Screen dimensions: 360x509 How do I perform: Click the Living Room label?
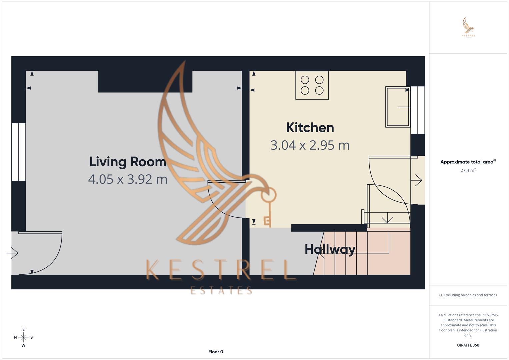click(128, 162)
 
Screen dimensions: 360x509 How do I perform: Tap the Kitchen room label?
click(310, 128)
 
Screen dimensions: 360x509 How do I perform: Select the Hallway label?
click(330, 249)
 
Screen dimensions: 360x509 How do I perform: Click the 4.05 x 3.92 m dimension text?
click(128, 179)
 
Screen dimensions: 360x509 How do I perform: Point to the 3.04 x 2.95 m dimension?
click(310, 145)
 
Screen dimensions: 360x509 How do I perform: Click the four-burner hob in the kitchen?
click(312, 85)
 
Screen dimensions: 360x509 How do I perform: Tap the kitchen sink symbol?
click(398, 107)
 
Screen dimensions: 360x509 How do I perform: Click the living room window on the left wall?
click(19, 152)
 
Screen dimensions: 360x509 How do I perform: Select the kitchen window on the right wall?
click(418, 110)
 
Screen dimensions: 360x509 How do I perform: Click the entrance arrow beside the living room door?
click(12, 253)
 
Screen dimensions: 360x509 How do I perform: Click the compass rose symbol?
click(23, 337)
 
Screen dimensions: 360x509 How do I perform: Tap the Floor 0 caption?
click(216, 352)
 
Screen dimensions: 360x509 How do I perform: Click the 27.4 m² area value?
click(468, 170)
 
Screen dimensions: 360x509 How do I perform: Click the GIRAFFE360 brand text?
click(468, 345)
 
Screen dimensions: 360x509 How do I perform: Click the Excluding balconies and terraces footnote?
click(468, 295)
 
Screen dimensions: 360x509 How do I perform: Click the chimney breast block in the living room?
click(145, 81)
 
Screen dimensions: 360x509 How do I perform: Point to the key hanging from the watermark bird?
click(268, 207)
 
